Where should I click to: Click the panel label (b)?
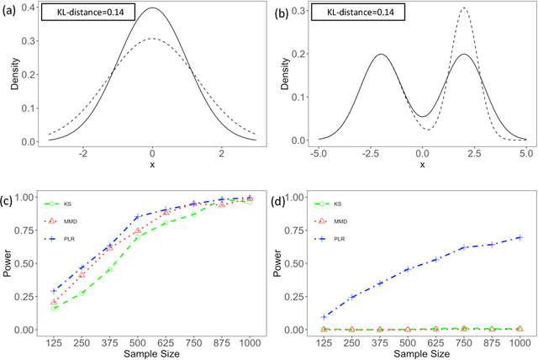pos(282,12)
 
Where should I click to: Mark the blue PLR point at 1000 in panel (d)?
pos(520,237)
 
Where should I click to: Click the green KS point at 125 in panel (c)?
pos(55,308)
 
